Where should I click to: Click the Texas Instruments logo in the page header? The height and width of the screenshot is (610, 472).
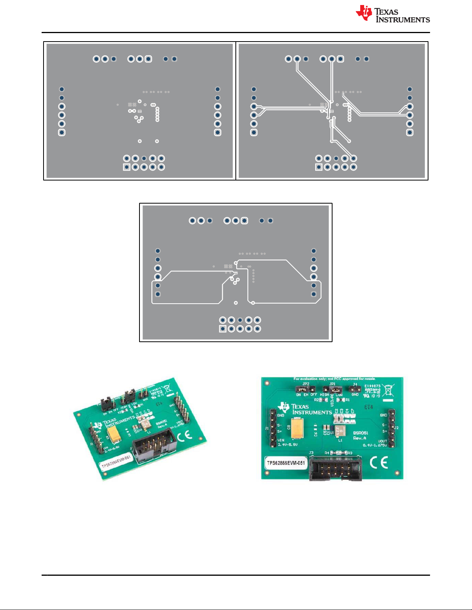click(x=393, y=14)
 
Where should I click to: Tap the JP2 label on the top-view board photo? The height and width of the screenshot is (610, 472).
click(x=306, y=384)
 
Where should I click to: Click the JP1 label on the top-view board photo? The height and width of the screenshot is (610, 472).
click(x=332, y=384)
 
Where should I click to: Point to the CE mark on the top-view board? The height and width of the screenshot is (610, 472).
click(x=379, y=463)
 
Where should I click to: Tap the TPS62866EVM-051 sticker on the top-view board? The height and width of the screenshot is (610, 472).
click(x=286, y=463)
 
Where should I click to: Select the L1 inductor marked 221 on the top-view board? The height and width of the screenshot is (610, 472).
click(x=340, y=431)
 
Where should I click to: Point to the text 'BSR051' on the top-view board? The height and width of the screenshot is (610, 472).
click(x=361, y=433)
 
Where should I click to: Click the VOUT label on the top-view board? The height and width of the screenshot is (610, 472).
click(x=382, y=441)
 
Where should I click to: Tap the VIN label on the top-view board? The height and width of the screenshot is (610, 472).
click(x=281, y=440)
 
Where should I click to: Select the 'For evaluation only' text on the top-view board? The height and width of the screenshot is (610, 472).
click(x=334, y=379)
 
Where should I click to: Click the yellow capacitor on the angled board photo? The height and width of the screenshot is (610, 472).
click(x=114, y=434)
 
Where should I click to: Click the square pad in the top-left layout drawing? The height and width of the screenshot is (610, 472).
click(x=126, y=167)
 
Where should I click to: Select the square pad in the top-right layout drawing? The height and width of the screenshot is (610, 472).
click(x=319, y=167)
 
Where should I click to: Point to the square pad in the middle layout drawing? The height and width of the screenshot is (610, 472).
click(x=223, y=329)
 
